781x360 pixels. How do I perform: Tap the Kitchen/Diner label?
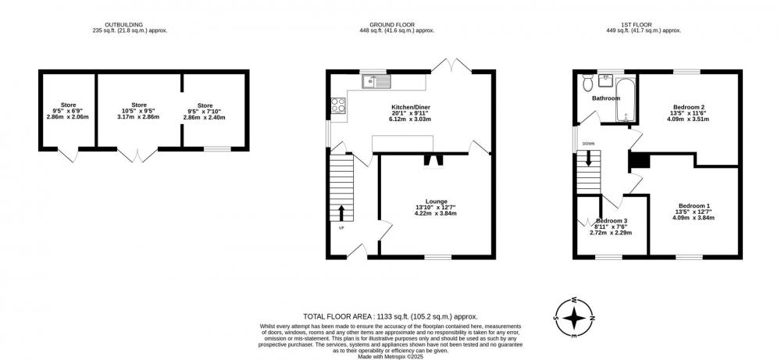(411, 107)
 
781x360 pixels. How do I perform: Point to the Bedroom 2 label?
(689, 107)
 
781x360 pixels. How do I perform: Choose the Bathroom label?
(606, 98)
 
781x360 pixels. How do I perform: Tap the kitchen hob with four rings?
(338, 105)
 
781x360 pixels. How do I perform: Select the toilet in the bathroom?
(587, 82)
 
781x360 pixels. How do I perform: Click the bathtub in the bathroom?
(626, 100)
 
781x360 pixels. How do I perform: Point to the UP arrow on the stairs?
(341, 212)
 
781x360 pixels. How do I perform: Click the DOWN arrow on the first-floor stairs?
(589, 157)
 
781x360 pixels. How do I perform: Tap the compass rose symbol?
(574, 317)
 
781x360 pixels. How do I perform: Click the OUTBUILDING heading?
(123, 24)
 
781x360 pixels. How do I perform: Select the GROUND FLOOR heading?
(392, 24)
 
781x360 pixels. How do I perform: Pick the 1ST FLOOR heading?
(637, 24)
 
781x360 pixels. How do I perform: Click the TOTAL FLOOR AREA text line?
(390, 316)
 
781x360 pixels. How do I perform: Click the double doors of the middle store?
(137, 155)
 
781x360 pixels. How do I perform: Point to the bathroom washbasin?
(606, 80)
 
